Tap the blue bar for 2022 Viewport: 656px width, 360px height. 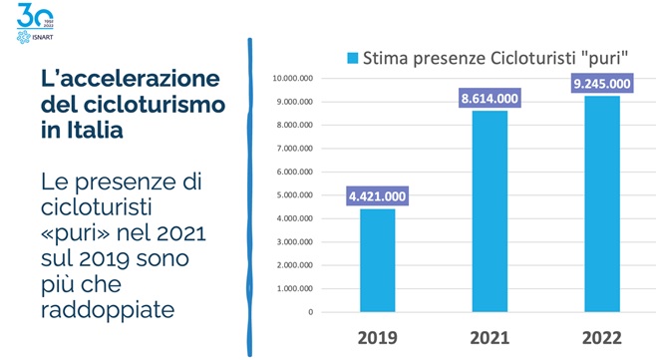(x=602, y=203)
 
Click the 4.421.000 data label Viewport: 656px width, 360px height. (x=378, y=197)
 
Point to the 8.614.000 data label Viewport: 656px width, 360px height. (x=490, y=99)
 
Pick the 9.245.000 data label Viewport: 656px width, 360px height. (x=602, y=84)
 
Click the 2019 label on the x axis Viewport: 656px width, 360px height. (x=378, y=336)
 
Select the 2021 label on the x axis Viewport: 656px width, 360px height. (x=490, y=336)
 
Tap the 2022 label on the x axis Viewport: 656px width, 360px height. (x=602, y=336)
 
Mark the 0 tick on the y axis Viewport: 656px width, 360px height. (x=310, y=312)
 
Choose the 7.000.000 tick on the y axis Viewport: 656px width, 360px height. (x=294, y=149)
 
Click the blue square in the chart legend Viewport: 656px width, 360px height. (x=352, y=56)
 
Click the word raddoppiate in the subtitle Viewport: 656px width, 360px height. (x=108, y=310)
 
